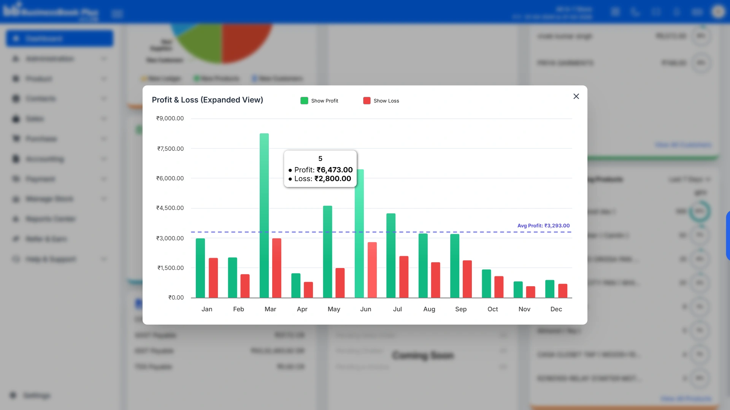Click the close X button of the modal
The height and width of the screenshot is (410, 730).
point(576,96)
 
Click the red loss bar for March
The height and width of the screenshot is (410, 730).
point(277,268)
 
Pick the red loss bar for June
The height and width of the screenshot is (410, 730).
point(372,270)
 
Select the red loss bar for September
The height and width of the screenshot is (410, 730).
point(467,279)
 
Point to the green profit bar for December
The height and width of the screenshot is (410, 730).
point(550,289)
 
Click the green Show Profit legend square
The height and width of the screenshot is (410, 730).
point(304,101)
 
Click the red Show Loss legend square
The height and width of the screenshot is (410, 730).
point(367,101)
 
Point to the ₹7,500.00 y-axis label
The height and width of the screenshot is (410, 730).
point(170,149)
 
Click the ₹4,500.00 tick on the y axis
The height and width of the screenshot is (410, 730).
point(170,208)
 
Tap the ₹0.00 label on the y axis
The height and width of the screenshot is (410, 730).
point(176,298)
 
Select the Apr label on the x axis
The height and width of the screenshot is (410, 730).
point(302,309)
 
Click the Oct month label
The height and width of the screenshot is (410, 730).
point(492,309)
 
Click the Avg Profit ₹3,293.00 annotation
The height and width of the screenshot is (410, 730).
point(543,225)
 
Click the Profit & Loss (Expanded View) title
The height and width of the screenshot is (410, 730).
point(207,100)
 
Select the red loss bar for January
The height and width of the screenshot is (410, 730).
point(213,278)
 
